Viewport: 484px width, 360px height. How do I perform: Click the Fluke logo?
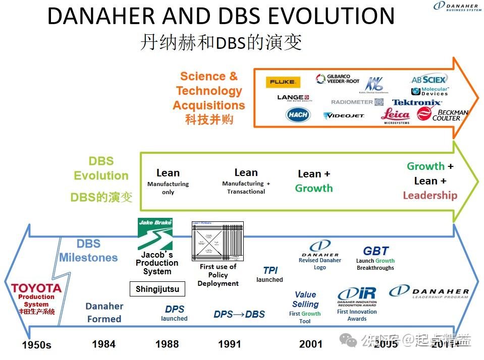tap(283, 82)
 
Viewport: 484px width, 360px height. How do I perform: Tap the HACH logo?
tap(298, 115)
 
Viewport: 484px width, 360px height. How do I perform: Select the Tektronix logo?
tap(417, 103)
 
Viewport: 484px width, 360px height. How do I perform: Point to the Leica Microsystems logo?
tap(396, 115)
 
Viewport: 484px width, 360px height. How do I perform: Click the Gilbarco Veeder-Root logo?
tap(338, 79)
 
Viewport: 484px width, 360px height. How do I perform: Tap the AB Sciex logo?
tap(428, 80)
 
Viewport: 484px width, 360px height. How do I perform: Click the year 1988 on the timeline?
tap(167, 344)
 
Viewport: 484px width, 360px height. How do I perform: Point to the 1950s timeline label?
tap(36, 345)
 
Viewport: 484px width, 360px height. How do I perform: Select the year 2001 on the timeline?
tap(310, 344)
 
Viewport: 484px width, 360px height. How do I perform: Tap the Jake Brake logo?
tap(155, 234)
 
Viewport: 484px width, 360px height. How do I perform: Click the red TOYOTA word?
tap(36, 288)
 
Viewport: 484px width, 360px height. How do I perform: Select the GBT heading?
tap(375, 251)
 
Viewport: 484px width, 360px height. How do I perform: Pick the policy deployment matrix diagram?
tap(218, 241)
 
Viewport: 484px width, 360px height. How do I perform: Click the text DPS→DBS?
tap(239, 314)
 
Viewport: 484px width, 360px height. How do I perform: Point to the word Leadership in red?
tap(430, 196)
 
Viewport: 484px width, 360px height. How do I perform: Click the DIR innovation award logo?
tap(356, 294)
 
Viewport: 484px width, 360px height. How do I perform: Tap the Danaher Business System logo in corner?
tap(457, 7)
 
